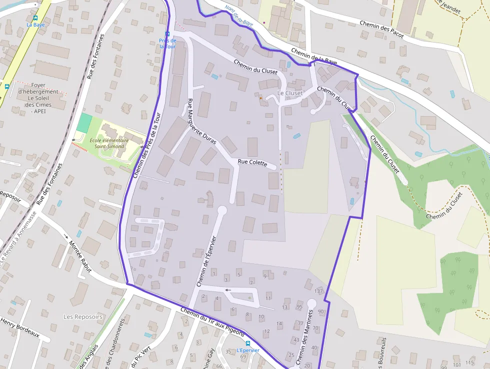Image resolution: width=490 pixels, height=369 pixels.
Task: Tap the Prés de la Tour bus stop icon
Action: click(167, 35)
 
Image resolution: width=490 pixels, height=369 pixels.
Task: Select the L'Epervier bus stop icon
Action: click(247, 344)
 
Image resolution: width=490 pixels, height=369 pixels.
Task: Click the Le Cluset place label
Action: click(290, 93)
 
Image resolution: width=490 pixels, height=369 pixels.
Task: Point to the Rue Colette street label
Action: click(252, 163)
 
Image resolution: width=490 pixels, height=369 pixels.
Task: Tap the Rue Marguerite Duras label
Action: click(201, 122)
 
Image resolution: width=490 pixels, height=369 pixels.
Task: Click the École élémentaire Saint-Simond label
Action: click(109, 143)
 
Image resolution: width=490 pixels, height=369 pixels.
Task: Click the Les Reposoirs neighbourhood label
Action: click(83, 316)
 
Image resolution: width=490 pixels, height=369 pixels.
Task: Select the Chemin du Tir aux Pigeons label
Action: click(212, 323)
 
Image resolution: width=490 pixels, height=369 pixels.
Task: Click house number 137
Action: click(318, 291)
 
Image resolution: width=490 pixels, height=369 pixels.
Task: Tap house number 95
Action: click(299, 307)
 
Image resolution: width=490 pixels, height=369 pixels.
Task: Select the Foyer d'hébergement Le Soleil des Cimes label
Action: click(38, 98)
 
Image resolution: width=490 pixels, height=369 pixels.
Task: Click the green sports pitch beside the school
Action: click(85, 123)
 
